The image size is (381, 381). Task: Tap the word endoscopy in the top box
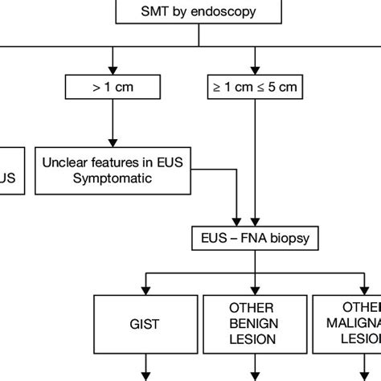[x=214, y=12]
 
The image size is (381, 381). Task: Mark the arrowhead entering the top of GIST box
[x=147, y=290]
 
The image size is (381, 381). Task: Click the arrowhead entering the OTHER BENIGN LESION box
[x=254, y=290]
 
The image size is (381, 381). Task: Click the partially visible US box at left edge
[x=12, y=170]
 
